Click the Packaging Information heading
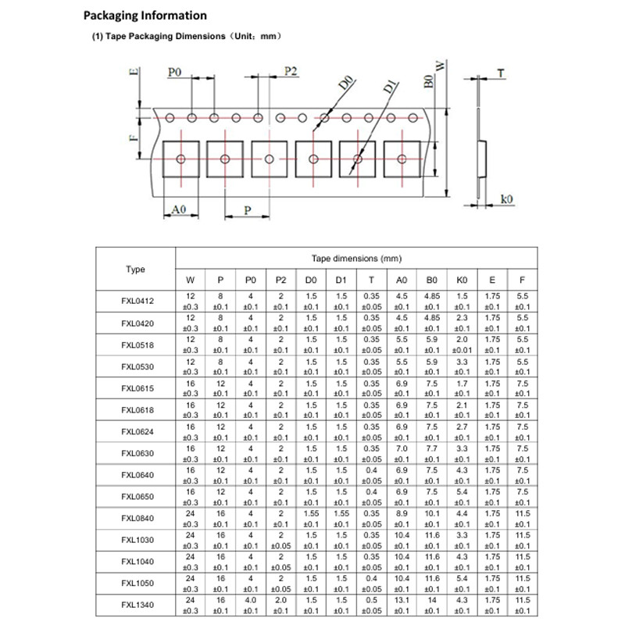click(145, 16)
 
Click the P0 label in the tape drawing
click(175, 72)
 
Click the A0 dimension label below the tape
click(178, 209)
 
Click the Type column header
click(136, 270)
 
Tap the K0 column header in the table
click(461, 280)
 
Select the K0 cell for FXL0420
click(461, 323)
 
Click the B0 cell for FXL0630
click(430, 453)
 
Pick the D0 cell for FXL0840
click(310, 518)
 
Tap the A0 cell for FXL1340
click(402, 604)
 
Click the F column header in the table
click(521, 280)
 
